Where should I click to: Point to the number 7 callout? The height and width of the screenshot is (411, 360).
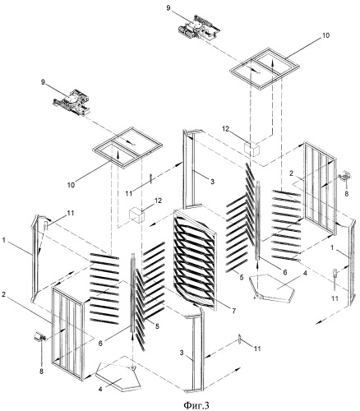pyautogui.click(x=233, y=311)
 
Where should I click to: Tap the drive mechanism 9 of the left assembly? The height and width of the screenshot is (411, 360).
pyautogui.click(x=72, y=102)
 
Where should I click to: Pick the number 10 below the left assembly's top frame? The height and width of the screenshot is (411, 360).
pyautogui.click(x=71, y=185)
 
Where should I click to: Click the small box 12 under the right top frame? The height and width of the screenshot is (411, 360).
pyautogui.click(x=252, y=149)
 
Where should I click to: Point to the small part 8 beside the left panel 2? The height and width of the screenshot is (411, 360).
pyautogui.click(x=40, y=337)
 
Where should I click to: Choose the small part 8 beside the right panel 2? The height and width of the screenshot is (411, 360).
pyautogui.click(x=344, y=175)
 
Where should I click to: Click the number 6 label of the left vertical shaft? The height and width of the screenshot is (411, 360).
pyautogui.click(x=100, y=344)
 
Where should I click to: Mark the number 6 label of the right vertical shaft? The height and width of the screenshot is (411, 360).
pyautogui.click(x=285, y=272)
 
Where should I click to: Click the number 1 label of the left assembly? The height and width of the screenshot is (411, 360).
pyautogui.click(x=3, y=240)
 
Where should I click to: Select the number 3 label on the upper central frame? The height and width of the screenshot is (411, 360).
pyautogui.click(x=213, y=182)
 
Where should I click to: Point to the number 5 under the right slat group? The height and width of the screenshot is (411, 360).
pyautogui.click(x=242, y=277)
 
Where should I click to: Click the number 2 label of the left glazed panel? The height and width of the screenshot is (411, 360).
pyautogui.click(x=3, y=294)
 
